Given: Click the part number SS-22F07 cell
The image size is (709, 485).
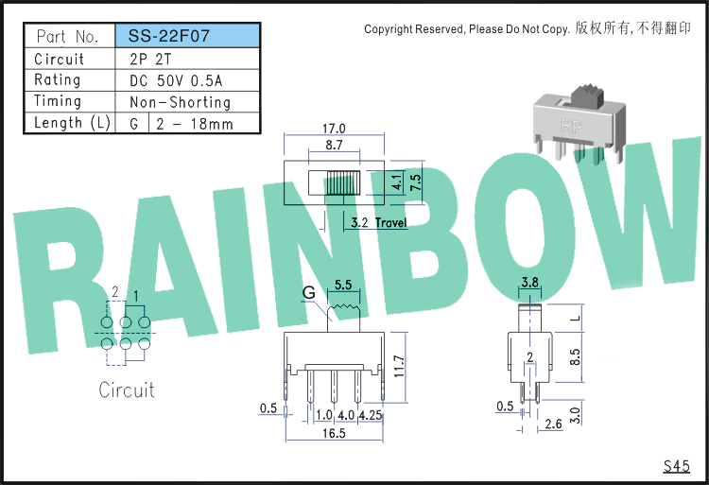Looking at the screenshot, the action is tap(188, 36).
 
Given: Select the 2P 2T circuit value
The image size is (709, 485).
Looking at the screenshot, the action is tap(150, 60).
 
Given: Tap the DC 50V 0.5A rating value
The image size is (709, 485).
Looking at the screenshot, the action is tap(176, 81).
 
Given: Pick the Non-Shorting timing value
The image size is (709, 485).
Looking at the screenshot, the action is tap(180, 103).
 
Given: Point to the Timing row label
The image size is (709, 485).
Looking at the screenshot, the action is tap(58, 101).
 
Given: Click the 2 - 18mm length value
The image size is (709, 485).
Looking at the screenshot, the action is tap(195, 124).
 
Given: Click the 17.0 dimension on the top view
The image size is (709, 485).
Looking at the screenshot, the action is tap(334, 129).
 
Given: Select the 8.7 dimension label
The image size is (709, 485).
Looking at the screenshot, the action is tap(334, 145).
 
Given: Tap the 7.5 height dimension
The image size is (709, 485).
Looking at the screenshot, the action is tap(416, 182).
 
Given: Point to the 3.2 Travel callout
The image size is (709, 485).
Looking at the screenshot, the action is tap(379, 222).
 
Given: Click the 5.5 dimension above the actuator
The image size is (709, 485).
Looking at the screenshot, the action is tap(343, 285).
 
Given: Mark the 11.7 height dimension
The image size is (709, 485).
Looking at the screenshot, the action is tap(399, 366).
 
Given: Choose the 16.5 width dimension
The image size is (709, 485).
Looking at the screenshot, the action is tap(334, 433).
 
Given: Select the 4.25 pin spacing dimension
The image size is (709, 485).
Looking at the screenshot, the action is tap(371, 415).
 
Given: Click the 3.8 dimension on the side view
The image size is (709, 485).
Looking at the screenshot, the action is tap(529, 283).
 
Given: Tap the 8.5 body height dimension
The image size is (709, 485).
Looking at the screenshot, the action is tap(575, 357).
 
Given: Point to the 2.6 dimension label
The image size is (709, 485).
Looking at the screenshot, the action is tap(553, 424).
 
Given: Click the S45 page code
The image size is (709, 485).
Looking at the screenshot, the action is tap(677, 466).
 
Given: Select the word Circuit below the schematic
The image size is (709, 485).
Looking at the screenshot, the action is tap(127, 390).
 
